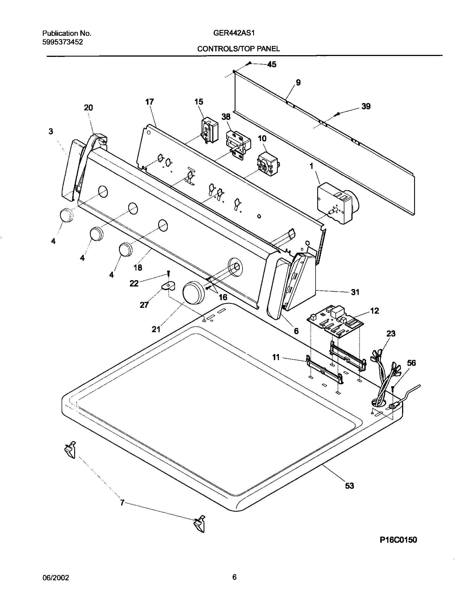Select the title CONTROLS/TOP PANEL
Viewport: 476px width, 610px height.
(239, 49)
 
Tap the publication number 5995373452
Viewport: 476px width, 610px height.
(62, 42)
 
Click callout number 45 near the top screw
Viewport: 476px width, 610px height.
(272, 64)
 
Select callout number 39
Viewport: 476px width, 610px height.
(366, 106)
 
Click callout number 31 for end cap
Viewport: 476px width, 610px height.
(355, 292)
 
